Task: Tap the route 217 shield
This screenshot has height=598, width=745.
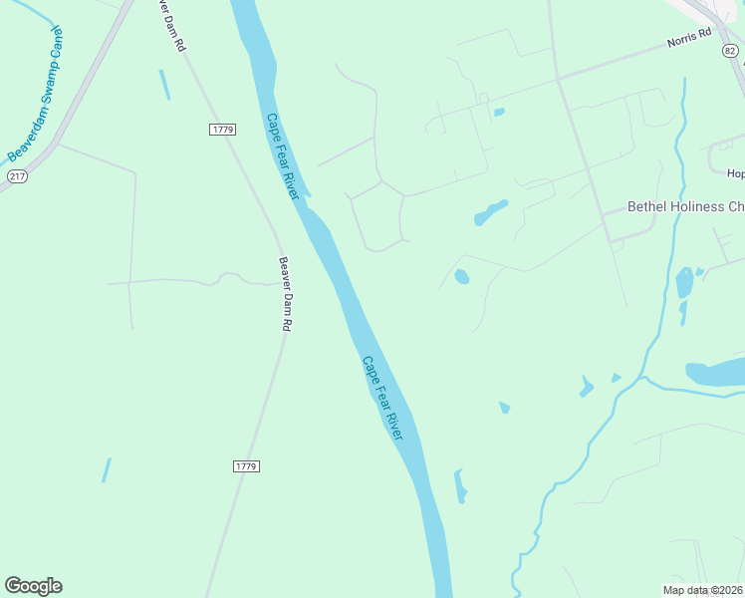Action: tap(17, 176)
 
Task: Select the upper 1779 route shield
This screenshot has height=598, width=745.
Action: tap(222, 130)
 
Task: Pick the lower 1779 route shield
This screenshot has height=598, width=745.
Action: tap(246, 465)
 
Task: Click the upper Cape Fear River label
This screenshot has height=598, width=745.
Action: tap(282, 156)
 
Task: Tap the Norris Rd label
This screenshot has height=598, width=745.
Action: tap(690, 38)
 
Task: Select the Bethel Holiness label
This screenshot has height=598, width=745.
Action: tap(685, 207)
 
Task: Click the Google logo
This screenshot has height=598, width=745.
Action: tap(33, 586)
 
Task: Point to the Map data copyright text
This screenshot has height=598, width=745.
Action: tap(703, 590)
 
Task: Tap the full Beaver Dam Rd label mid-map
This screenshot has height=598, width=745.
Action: tap(285, 295)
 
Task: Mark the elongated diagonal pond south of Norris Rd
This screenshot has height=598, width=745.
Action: tap(490, 212)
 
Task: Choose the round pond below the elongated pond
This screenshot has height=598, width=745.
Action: tap(461, 276)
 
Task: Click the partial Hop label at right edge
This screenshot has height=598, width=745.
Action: tap(735, 173)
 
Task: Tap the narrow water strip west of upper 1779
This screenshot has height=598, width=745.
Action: tap(164, 85)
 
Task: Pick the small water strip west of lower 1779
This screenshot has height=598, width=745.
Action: tap(106, 469)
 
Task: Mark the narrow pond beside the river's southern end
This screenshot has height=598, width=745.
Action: tap(460, 485)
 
